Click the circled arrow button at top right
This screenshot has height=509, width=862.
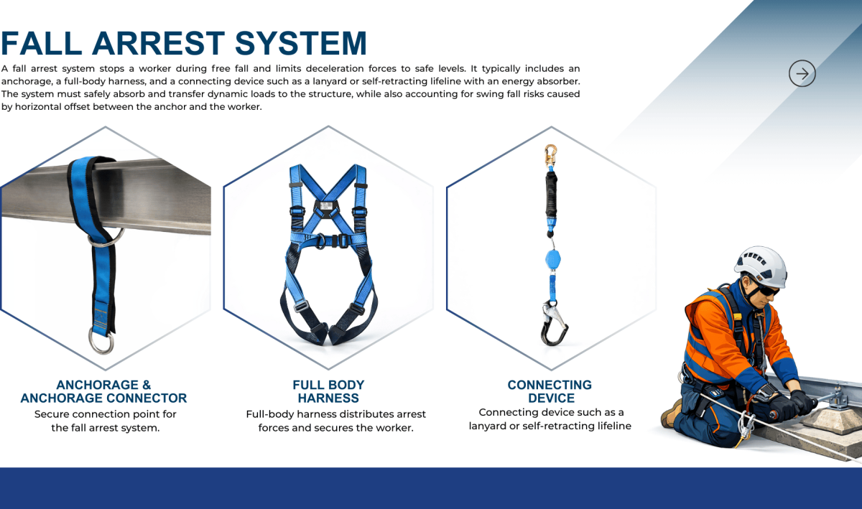[x=802, y=73]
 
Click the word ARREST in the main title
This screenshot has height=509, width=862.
[x=159, y=43]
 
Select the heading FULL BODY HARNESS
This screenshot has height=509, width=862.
[x=328, y=391]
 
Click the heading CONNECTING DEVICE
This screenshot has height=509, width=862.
[x=550, y=391]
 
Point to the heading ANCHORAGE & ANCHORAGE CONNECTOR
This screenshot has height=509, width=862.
[x=103, y=391]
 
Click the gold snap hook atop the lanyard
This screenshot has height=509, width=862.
[x=550, y=154]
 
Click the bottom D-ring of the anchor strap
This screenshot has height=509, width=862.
[x=101, y=340]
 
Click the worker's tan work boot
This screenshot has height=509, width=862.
[x=672, y=413]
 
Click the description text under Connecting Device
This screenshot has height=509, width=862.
[x=550, y=419]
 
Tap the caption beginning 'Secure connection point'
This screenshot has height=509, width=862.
[x=105, y=421]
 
